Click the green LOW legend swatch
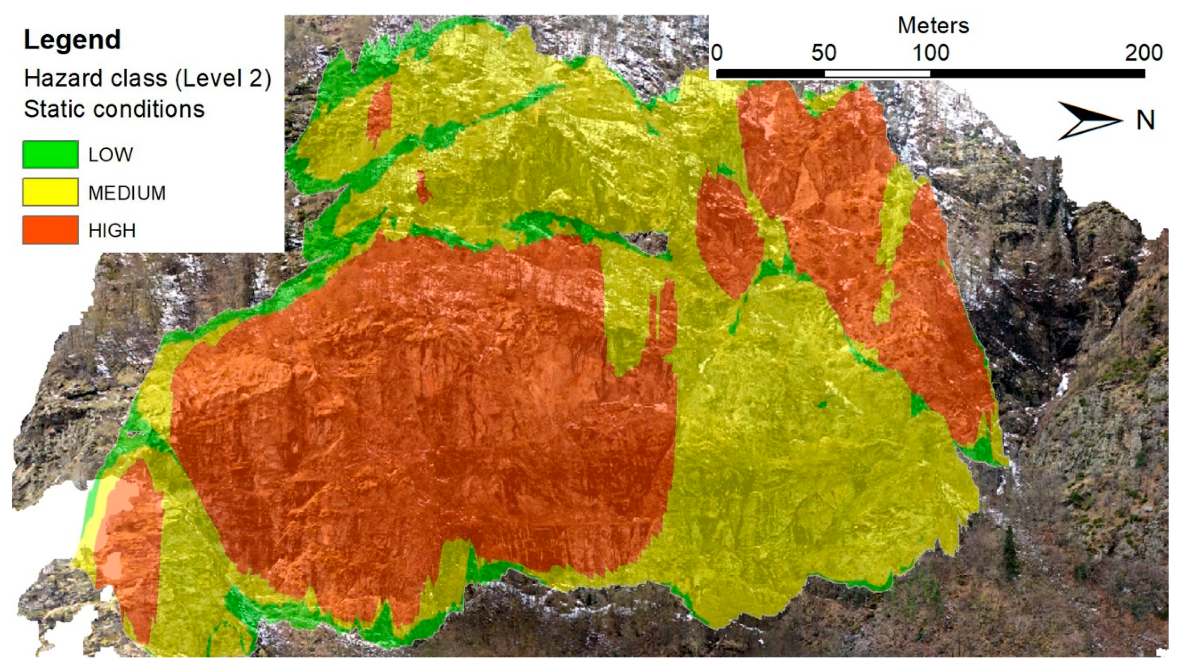pyautogui.click(x=50, y=155)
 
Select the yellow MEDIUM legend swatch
pyautogui.click(x=50, y=192)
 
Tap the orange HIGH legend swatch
pyautogui.click(x=50, y=229)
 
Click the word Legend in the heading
pyautogui.click(x=72, y=40)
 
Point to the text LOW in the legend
pyautogui.click(x=110, y=155)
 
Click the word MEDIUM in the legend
pyautogui.click(x=127, y=193)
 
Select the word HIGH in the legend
pyautogui.click(x=112, y=230)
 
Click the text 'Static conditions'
pyautogui.click(x=114, y=109)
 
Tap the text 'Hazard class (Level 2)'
pyautogui.click(x=148, y=78)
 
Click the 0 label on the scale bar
pyautogui.click(x=717, y=53)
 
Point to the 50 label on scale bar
pyautogui.click(x=824, y=53)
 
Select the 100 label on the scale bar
pyautogui.click(x=930, y=53)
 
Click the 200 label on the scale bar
pyautogui.click(x=1143, y=53)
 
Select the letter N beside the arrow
pyautogui.click(x=1145, y=121)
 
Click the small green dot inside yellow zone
pyautogui.click(x=822, y=404)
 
